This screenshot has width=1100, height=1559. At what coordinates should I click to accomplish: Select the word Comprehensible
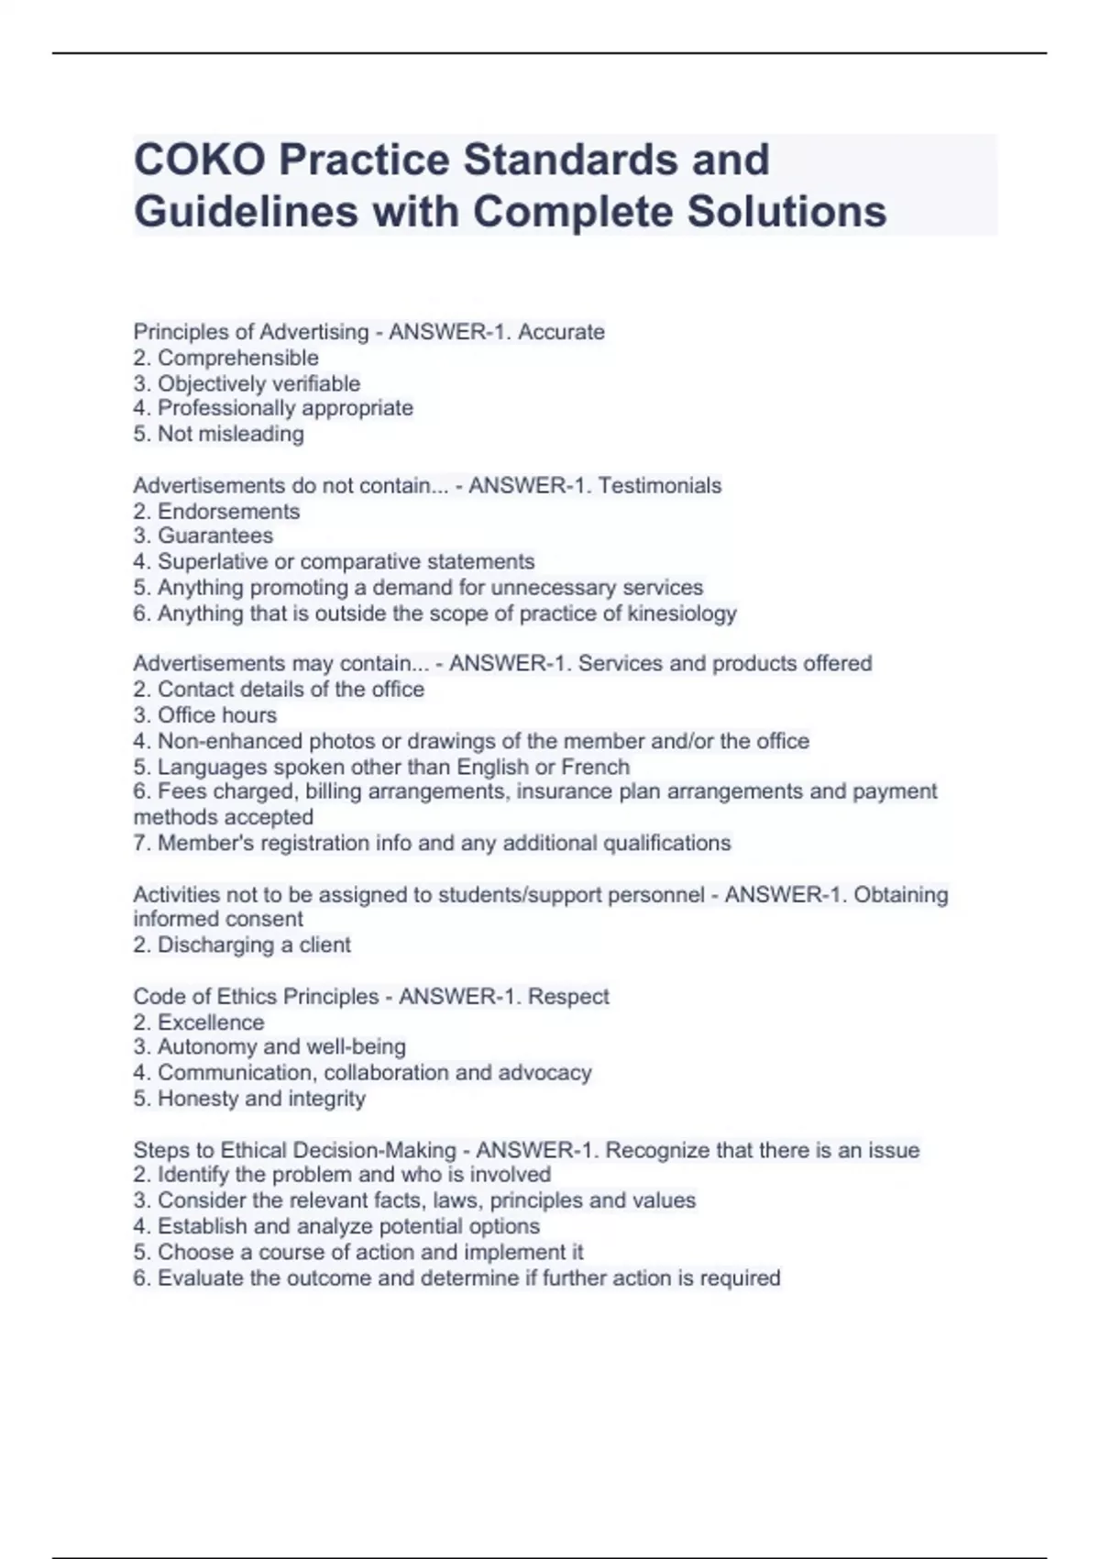click(238, 358)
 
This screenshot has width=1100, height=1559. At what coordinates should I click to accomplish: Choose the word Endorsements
click(228, 511)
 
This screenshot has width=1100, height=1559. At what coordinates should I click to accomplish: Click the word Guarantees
click(215, 536)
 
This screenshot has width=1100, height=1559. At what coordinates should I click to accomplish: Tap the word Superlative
click(213, 561)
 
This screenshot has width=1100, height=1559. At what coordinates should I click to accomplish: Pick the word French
click(595, 767)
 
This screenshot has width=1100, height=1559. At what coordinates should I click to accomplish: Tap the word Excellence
click(211, 1022)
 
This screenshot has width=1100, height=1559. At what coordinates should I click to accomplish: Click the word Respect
click(568, 996)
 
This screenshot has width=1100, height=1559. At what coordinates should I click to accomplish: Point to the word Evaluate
click(200, 1277)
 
